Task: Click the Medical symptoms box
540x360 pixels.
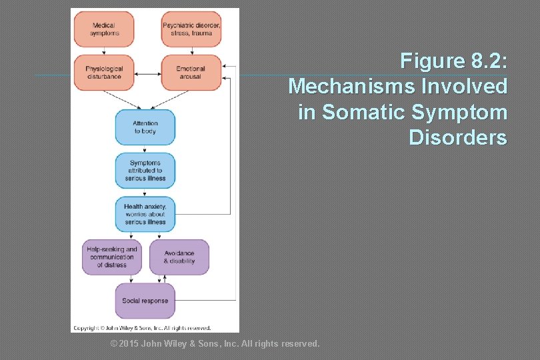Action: pyautogui.click(x=103, y=29)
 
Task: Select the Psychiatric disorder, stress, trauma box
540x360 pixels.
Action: pyautogui.click(x=191, y=29)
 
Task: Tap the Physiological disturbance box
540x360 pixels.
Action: pyautogui.click(x=103, y=72)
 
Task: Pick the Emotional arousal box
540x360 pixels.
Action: pyautogui.click(x=191, y=72)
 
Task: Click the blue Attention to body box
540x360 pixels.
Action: pyautogui.click(x=145, y=127)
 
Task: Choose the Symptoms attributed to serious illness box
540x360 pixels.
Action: pyautogui.click(x=145, y=171)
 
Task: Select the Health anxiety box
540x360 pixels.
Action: pyautogui.click(x=145, y=214)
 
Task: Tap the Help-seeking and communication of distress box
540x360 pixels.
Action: pyautogui.click(x=112, y=257)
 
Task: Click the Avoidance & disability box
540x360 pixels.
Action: pyautogui.click(x=179, y=257)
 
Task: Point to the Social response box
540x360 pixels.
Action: pyautogui.click(x=145, y=301)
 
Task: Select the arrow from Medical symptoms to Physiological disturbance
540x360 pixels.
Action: pyautogui.click(x=103, y=51)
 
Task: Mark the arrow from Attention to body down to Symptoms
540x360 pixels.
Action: pyautogui.click(x=145, y=149)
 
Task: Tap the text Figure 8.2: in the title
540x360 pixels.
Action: pyautogui.click(x=453, y=61)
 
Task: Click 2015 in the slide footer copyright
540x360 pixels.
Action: pyautogui.click(x=129, y=344)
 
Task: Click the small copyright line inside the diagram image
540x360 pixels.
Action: pyautogui.click(x=142, y=328)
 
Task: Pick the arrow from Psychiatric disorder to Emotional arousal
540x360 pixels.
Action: pyautogui.click(x=191, y=51)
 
